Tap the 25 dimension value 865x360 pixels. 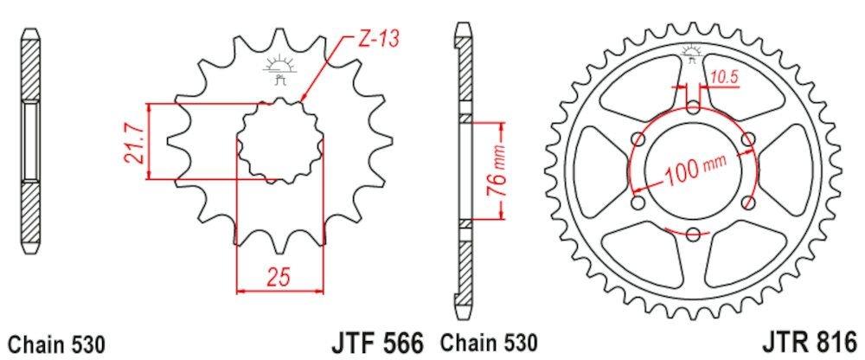point(279,277)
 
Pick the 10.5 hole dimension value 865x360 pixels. point(723,78)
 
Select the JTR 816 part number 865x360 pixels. point(811,342)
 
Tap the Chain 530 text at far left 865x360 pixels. point(56,344)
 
